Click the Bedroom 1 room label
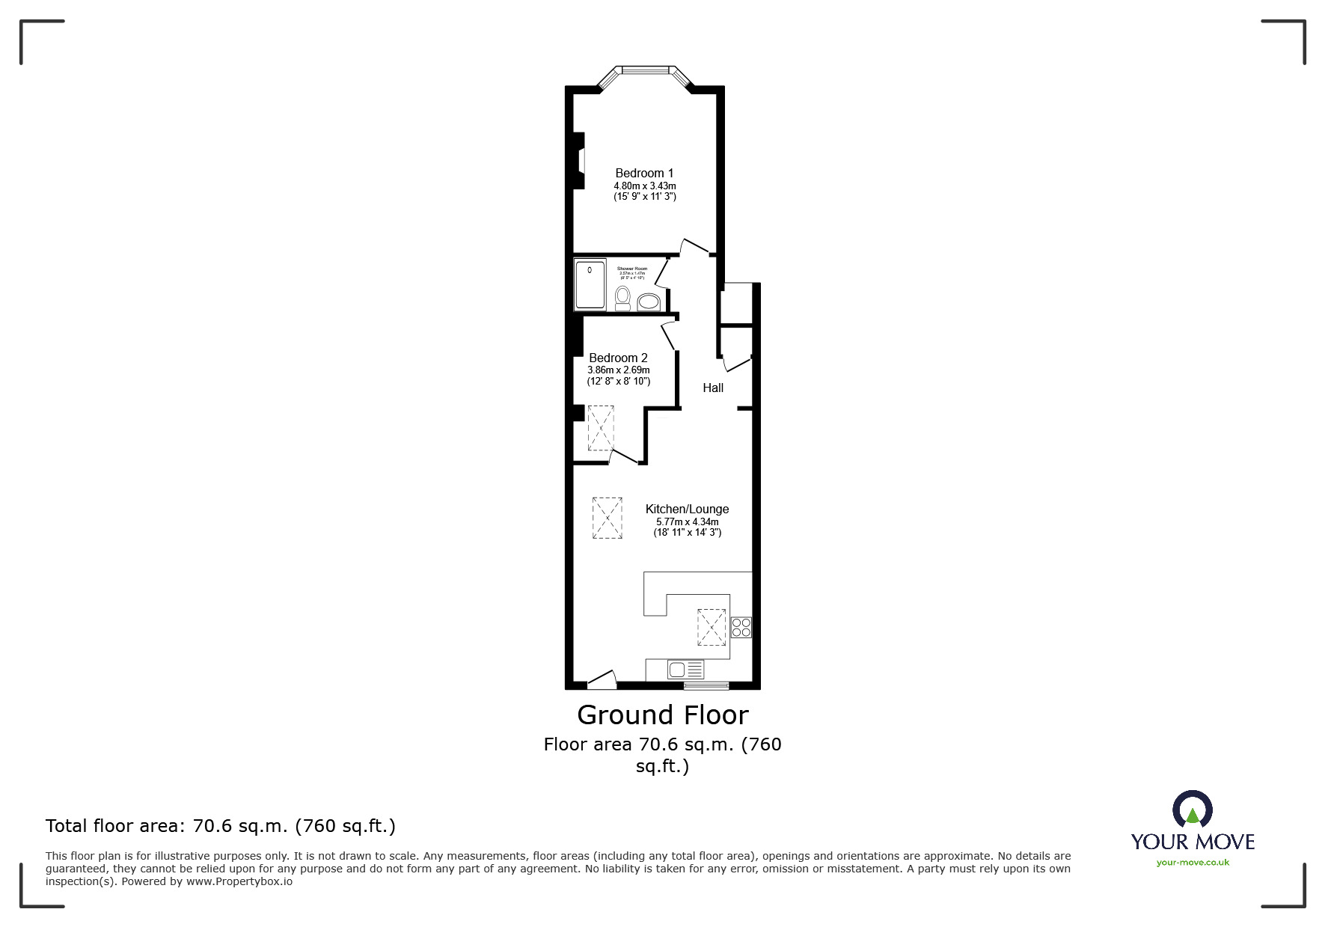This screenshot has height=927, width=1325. coord(644,173)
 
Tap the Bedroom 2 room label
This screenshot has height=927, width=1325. coord(618,358)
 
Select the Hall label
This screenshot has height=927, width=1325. coord(713,388)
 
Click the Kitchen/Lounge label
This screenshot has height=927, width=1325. coord(687,509)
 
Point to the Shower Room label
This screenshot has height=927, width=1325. coord(632,269)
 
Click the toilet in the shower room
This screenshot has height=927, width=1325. coord(622,298)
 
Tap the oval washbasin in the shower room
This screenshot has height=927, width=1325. coord(649,301)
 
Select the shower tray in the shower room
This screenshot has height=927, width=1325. coord(590,284)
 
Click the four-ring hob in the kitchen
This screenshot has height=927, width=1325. coord(741,627)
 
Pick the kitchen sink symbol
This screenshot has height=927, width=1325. coord(685,669)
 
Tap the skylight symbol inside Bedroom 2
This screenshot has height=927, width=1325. coord(600,428)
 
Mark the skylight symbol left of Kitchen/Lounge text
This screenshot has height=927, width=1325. coord(607,518)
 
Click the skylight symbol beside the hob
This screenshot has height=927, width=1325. coord(711,627)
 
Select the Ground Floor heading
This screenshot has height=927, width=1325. coord(662,715)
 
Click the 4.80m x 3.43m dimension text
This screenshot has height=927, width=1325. coord(644,186)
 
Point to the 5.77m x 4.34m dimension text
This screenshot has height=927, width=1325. coord(687,521)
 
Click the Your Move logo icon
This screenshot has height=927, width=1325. coord(1192,810)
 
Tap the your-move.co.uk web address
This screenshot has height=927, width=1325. coord(1193,863)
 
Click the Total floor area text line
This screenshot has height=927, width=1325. coord(221,826)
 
